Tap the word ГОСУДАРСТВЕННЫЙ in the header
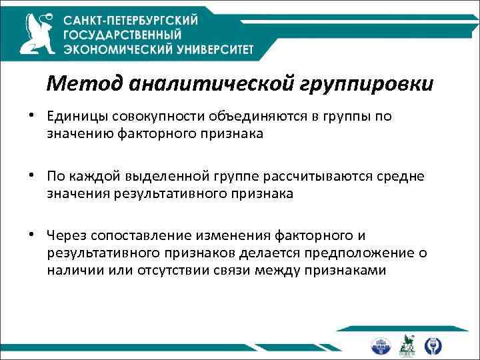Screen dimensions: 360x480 coord(122,35)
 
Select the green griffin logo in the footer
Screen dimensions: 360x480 coord(408,345)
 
